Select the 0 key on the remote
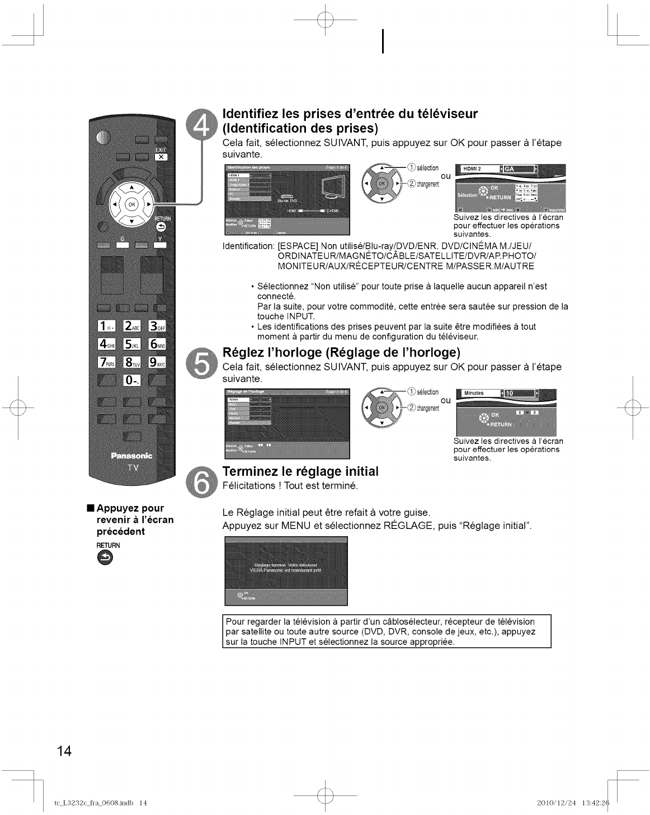tap(131, 381)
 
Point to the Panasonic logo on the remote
tap(132, 456)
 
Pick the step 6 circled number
tap(199, 480)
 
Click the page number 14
tap(63, 751)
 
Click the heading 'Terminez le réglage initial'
tap(300, 471)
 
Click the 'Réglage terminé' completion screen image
tap(286, 570)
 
